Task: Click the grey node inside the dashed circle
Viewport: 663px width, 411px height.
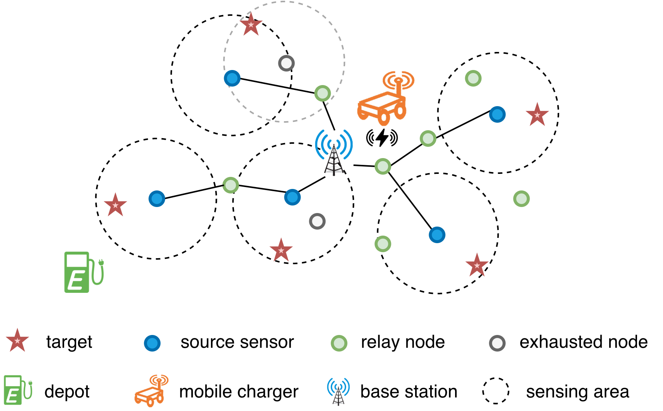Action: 286,63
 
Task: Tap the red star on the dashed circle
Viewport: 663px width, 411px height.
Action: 251,25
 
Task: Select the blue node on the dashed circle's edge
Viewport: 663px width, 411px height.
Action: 232,78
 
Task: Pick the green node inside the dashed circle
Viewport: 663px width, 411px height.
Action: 322,93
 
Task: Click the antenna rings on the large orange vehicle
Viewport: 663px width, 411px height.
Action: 399,79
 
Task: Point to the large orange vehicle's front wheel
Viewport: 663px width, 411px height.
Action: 384,117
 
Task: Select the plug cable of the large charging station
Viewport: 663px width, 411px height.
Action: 98,273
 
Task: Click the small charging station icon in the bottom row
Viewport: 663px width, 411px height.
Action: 17,390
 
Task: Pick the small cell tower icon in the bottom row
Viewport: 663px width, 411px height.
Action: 338,391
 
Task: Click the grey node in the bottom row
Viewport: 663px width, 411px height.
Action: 497,343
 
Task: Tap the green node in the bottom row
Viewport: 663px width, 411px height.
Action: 339,343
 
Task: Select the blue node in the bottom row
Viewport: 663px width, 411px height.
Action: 152,343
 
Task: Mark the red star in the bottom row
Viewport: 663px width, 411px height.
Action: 17,341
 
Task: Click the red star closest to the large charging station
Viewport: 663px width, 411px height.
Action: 115,205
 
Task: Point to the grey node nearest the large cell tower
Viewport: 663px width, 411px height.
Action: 317,221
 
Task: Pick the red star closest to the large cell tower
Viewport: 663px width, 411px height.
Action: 281,250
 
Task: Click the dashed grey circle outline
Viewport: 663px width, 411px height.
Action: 345,60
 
